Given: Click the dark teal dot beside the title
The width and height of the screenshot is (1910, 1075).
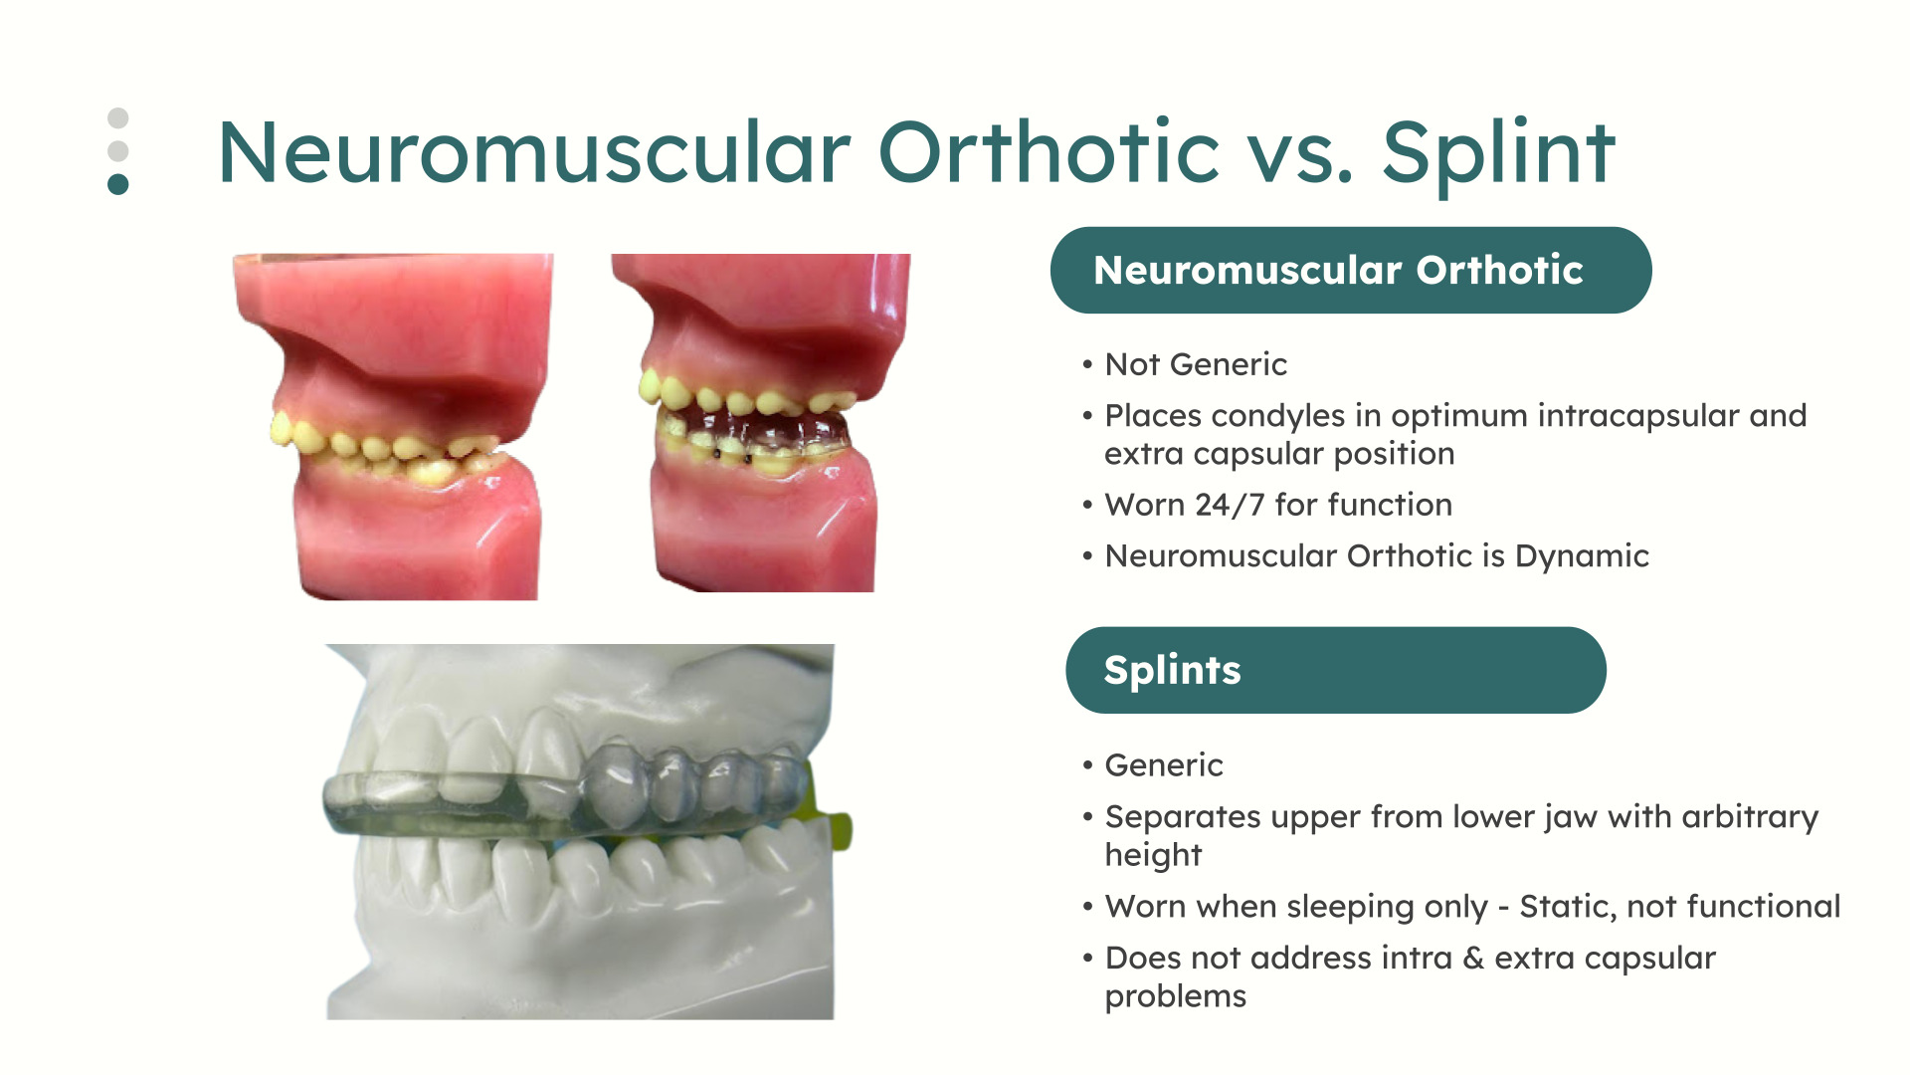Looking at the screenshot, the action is pyautogui.click(x=118, y=184).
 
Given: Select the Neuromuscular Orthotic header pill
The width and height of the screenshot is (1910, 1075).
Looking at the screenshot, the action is pyautogui.click(x=1351, y=270).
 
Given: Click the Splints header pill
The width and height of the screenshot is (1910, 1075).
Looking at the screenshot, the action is pyautogui.click(x=1336, y=670).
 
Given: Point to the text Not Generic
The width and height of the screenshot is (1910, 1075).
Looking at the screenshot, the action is pyautogui.click(x=1196, y=364).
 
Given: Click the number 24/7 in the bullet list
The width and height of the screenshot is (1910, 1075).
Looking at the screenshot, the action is pyautogui.click(x=1230, y=505).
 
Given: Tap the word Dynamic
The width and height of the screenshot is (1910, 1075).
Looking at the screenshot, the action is pyautogui.click(x=1582, y=556).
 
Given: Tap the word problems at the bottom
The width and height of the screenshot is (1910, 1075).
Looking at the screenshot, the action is pyautogui.click(x=1175, y=996).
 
